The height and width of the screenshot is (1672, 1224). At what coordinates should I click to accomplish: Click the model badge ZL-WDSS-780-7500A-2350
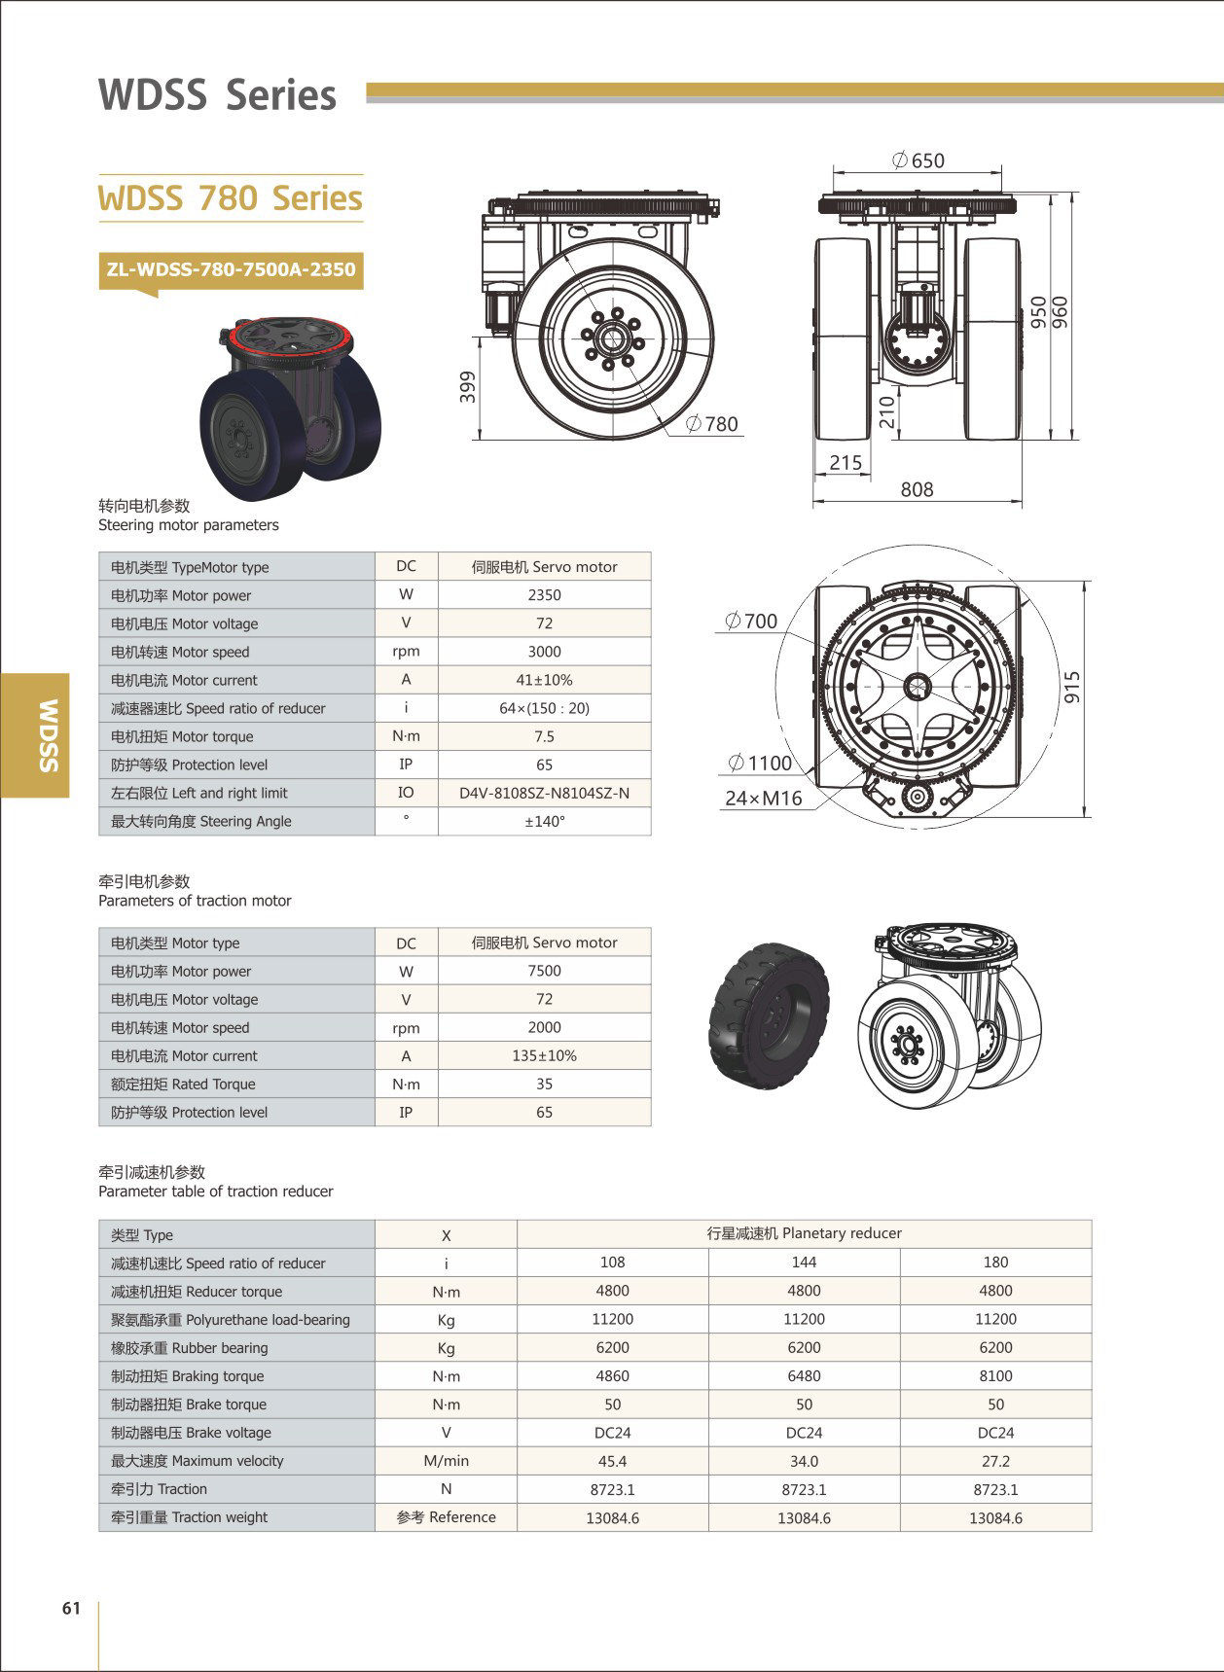coord(231,269)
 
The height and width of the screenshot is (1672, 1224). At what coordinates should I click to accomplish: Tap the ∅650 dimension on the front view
coord(918,160)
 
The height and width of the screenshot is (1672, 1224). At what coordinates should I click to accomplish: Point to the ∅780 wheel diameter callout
coord(712,424)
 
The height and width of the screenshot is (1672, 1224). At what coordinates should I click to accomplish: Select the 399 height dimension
coord(468,386)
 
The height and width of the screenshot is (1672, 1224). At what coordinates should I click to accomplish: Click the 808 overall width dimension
coord(917,489)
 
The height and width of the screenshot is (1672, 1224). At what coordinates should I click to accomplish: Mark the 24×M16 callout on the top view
coord(763,799)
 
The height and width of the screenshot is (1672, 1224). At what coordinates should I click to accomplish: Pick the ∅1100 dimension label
coord(760,763)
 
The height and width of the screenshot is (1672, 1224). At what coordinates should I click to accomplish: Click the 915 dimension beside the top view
coord(1072,687)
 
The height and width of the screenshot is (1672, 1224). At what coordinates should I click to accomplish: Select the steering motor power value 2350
coord(544,595)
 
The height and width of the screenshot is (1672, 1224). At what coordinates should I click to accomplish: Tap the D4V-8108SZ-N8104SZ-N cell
coord(544,793)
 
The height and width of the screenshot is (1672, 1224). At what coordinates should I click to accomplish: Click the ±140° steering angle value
coord(544,821)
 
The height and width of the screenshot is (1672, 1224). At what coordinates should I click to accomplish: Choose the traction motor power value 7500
coord(544,971)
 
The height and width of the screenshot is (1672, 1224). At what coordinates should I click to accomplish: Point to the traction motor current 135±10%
coord(544,1055)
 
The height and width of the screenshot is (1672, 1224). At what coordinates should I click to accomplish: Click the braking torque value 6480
coord(804,1376)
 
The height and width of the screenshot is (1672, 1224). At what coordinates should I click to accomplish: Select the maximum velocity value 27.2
coord(995,1461)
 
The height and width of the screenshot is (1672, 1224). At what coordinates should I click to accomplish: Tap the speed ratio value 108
coord(612,1263)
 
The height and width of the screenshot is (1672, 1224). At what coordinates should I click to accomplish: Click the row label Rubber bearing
coord(189,1348)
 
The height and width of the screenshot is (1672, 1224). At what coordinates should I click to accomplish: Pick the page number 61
coord(71,1608)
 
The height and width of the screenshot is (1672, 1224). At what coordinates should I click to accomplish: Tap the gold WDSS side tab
coord(35,734)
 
